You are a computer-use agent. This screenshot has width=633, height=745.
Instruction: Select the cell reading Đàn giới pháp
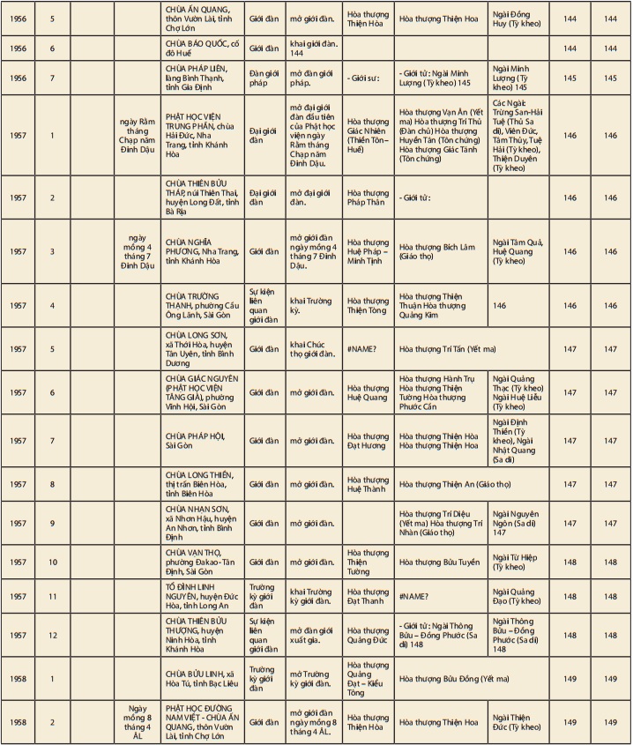263,78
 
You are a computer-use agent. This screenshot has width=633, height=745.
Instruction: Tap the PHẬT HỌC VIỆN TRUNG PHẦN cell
201,135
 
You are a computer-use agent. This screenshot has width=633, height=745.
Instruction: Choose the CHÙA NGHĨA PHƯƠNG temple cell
201,251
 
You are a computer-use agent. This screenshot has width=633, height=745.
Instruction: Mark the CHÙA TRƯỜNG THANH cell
201,305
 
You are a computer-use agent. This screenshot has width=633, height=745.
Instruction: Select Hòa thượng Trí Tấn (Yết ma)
450,349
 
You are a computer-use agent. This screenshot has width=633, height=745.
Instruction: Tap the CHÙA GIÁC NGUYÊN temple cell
201,392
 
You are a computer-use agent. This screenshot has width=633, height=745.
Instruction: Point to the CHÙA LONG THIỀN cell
201,484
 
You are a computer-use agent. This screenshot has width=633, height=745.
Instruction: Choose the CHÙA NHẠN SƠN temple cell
201,523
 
